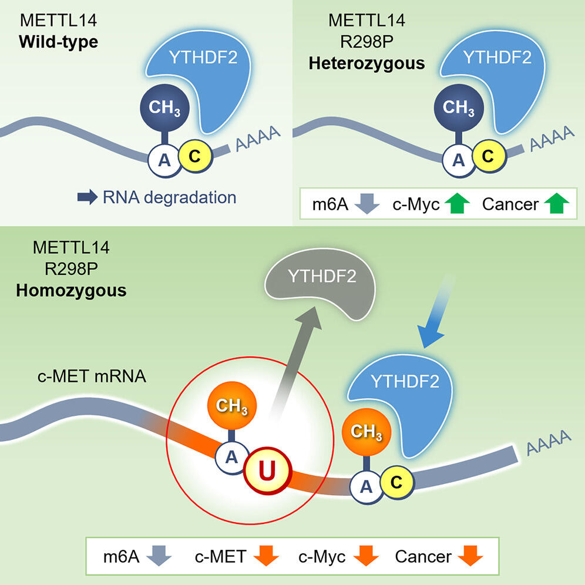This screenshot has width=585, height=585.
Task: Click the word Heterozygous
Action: click(367, 63)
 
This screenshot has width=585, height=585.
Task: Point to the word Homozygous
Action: click(71, 290)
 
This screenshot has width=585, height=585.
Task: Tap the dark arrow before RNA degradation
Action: click(89, 197)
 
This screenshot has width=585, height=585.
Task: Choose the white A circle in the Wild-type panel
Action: click(164, 159)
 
